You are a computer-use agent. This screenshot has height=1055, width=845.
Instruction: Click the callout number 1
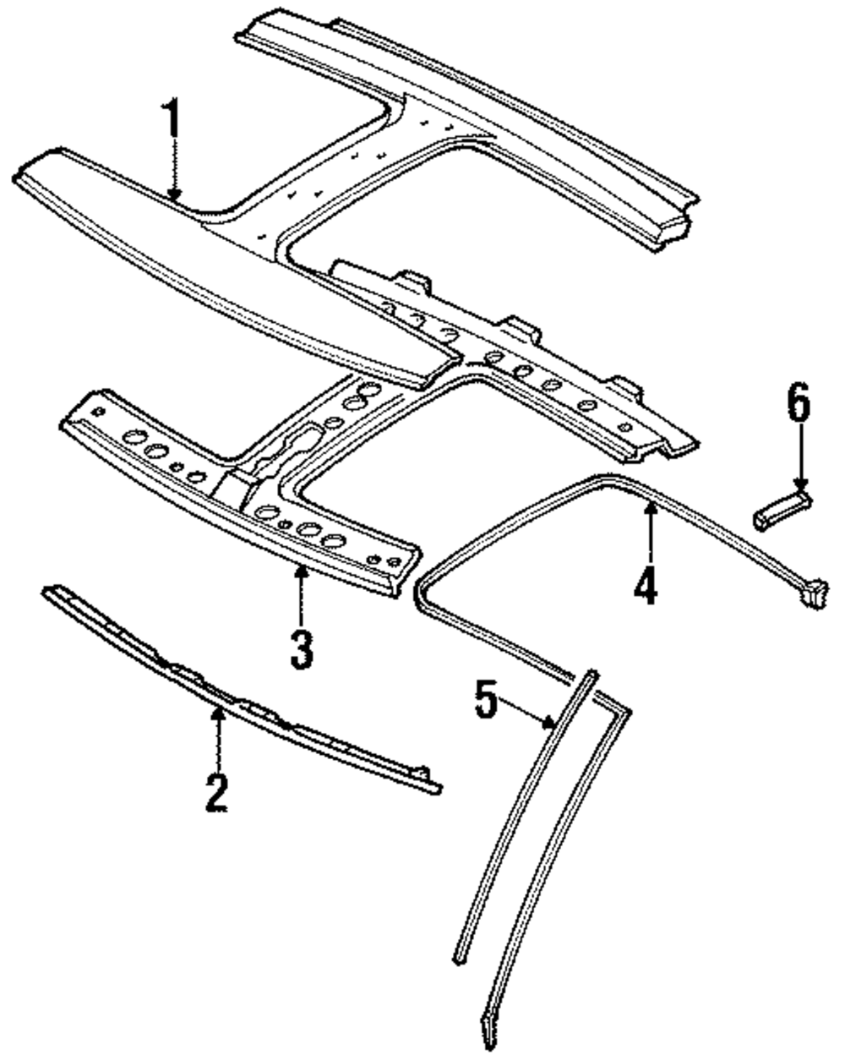pyautogui.click(x=172, y=123)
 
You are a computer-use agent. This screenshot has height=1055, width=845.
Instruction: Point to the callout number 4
pyautogui.click(x=646, y=583)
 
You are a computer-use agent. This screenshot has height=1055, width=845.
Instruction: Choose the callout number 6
pyautogui.click(x=798, y=404)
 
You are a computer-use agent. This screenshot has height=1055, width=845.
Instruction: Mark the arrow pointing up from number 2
pyautogui.click(x=218, y=735)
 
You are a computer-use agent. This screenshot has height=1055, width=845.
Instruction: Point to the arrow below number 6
pyautogui.click(x=799, y=461)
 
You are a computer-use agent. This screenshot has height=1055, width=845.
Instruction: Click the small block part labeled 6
pyautogui.click(x=779, y=512)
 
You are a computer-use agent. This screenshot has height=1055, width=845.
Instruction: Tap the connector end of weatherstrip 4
pyautogui.click(x=811, y=593)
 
